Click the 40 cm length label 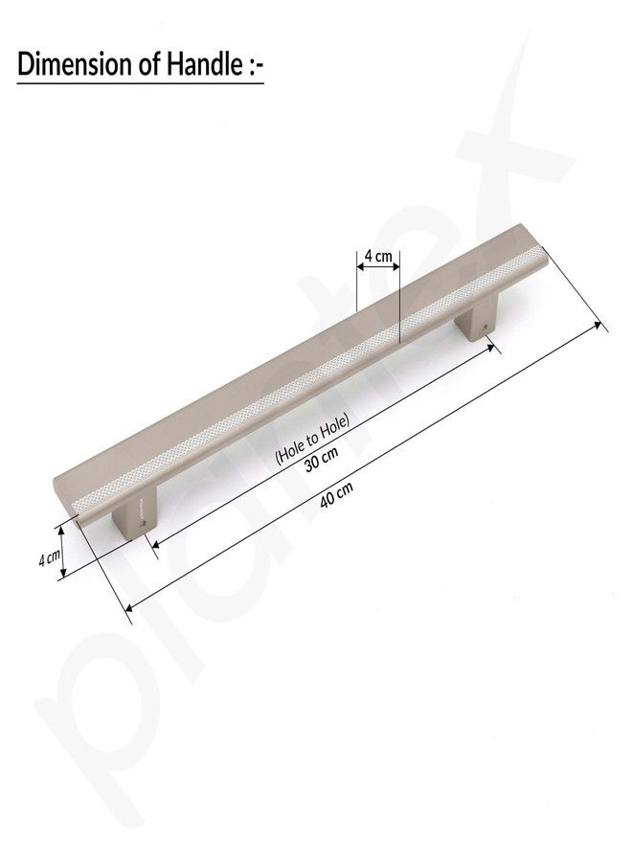pyautogui.click(x=336, y=494)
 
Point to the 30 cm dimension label pyautogui.click(x=322, y=459)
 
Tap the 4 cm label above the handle pyautogui.click(x=378, y=256)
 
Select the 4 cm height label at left pyautogui.click(x=49, y=558)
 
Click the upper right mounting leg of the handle pyautogui.click(x=476, y=319)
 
